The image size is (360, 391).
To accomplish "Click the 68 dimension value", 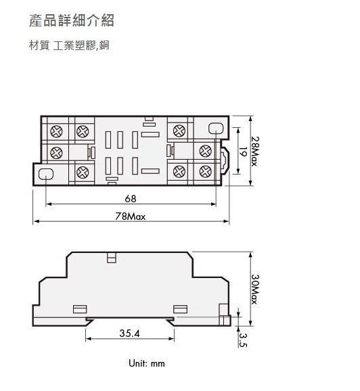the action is pos(131,198).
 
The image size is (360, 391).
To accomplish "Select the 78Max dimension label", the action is pos(130,216).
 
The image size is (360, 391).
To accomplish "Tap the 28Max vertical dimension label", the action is pos(255,151).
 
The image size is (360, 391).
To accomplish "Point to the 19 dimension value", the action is pos(243,152).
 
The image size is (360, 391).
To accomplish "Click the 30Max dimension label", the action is pos(255,289).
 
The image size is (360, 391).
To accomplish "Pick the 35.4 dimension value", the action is pos(129,333).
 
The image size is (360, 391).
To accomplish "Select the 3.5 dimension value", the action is pos(243,340).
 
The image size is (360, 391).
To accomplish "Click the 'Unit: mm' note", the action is pos(147,363).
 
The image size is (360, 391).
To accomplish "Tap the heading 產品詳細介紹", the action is pos(72,20).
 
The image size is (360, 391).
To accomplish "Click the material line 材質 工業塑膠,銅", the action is pos(69,45).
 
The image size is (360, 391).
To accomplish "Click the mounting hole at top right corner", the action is pos(216,128).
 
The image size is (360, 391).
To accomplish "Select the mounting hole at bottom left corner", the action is pos(46,174).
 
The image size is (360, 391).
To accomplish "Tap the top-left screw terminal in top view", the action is pos(56,131).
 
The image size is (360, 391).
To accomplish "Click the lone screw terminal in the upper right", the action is pos(179,131).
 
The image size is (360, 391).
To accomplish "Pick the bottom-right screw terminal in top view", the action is pos(205,172).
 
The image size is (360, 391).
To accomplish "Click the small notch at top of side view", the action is pos(111,258).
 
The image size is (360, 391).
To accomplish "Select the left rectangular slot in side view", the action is pos(80,309).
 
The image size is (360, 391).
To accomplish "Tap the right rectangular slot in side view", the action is pos(181,309).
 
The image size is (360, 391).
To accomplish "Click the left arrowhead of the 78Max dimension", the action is pos(36,221).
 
